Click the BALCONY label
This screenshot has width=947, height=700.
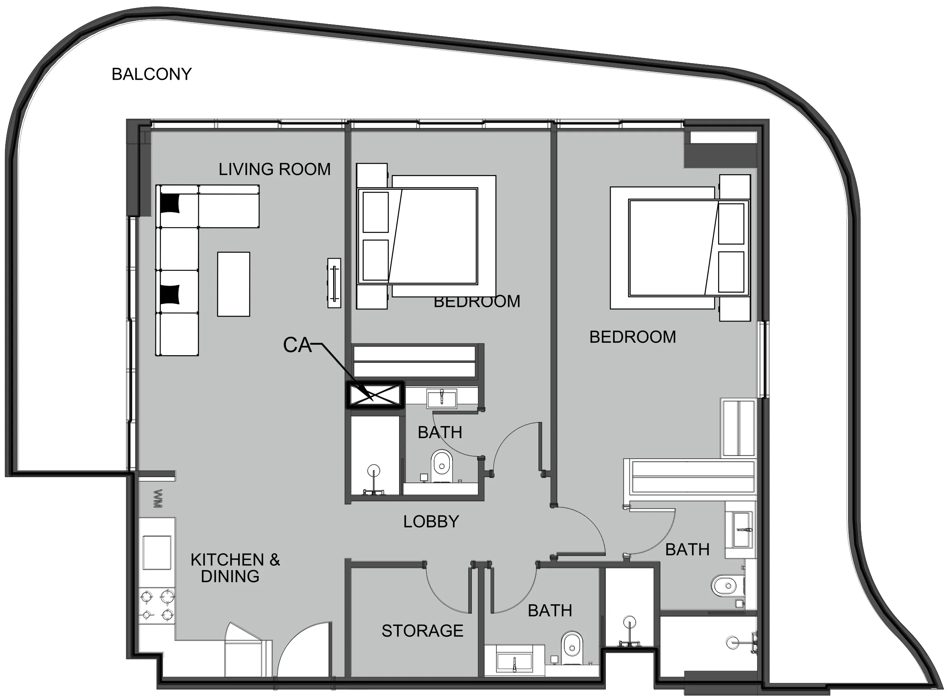(152, 74)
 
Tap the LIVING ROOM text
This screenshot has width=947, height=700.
(275, 169)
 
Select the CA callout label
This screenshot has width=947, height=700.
(297, 345)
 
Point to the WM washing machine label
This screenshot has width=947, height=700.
(158, 499)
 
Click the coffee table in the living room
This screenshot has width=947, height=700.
(233, 284)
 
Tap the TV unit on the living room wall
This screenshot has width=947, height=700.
(334, 283)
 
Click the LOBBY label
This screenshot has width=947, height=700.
(431, 522)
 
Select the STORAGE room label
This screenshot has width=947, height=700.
(422, 631)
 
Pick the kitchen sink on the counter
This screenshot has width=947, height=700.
(157, 552)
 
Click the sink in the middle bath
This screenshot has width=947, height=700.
(441, 399)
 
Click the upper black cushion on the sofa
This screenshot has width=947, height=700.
(170, 203)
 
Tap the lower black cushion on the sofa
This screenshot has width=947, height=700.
(170, 294)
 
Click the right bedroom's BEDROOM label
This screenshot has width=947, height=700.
(632, 337)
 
